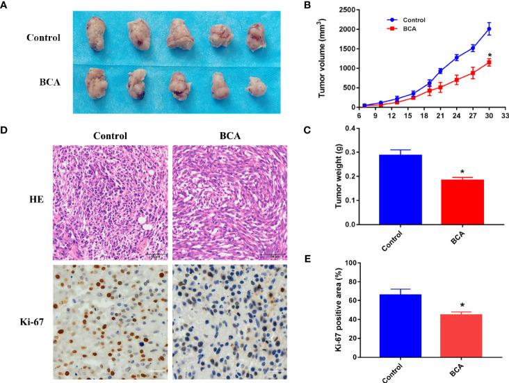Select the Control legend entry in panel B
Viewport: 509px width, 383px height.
click(x=394, y=20)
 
